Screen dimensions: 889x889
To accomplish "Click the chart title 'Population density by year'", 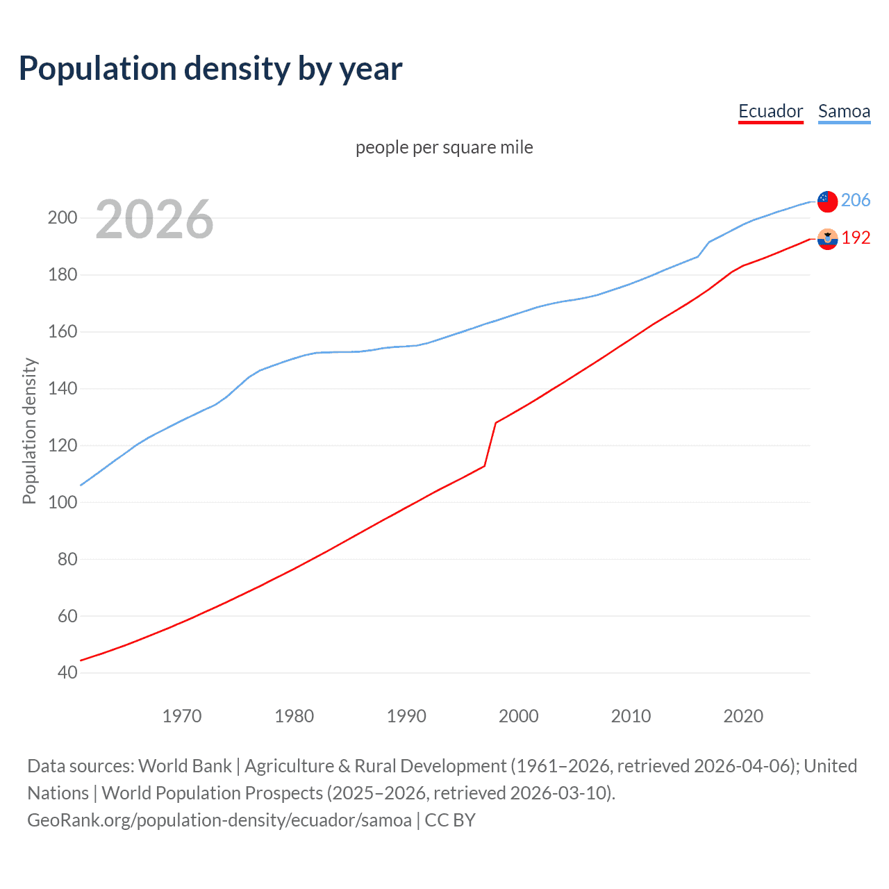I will pyautogui.click(x=210, y=69).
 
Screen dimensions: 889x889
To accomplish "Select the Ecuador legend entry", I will pyautogui.click(x=770, y=111).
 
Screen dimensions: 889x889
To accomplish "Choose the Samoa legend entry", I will pyautogui.click(x=844, y=111).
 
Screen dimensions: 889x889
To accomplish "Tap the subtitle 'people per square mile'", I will pyautogui.click(x=444, y=147).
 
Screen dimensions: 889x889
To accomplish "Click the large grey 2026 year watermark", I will pyautogui.click(x=154, y=219).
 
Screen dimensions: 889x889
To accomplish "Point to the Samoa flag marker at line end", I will pyautogui.click(x=827, y=201).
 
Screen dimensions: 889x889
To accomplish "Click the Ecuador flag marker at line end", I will pyautogui.click(x=827, y=239).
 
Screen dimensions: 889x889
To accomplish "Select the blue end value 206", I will pyautogui.click(x=855, y=200).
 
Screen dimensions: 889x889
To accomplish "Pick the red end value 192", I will pyautogui.click(x=856, y=238).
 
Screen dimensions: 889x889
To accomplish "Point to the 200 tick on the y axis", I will pyautogui.click(x=63, y=218).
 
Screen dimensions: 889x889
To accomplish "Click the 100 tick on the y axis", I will pyautogui.click(x=63, y=502).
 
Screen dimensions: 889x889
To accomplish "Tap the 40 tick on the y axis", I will pyautogui.click(x=67, y=672).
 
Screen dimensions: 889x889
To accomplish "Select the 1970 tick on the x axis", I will pyautogui.click(x=182, y=716).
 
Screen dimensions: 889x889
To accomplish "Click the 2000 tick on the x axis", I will pyautogui.click(x=518, y=716).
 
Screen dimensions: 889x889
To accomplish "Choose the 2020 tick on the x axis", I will pyautogui.click(x=743, y=716).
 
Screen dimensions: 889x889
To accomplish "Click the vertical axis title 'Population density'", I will pyautogui.click(x=29, y=431).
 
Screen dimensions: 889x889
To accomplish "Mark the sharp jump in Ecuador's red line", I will pyautogui.click(x=490, y=444).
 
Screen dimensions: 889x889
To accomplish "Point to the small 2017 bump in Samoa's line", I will pyautogui.click(x=704, y=248).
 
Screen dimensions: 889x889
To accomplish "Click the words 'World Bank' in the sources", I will pyautogui.click(x=185, y=766).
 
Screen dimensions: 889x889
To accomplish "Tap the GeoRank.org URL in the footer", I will pyautogui.click(x=219, y=820).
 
